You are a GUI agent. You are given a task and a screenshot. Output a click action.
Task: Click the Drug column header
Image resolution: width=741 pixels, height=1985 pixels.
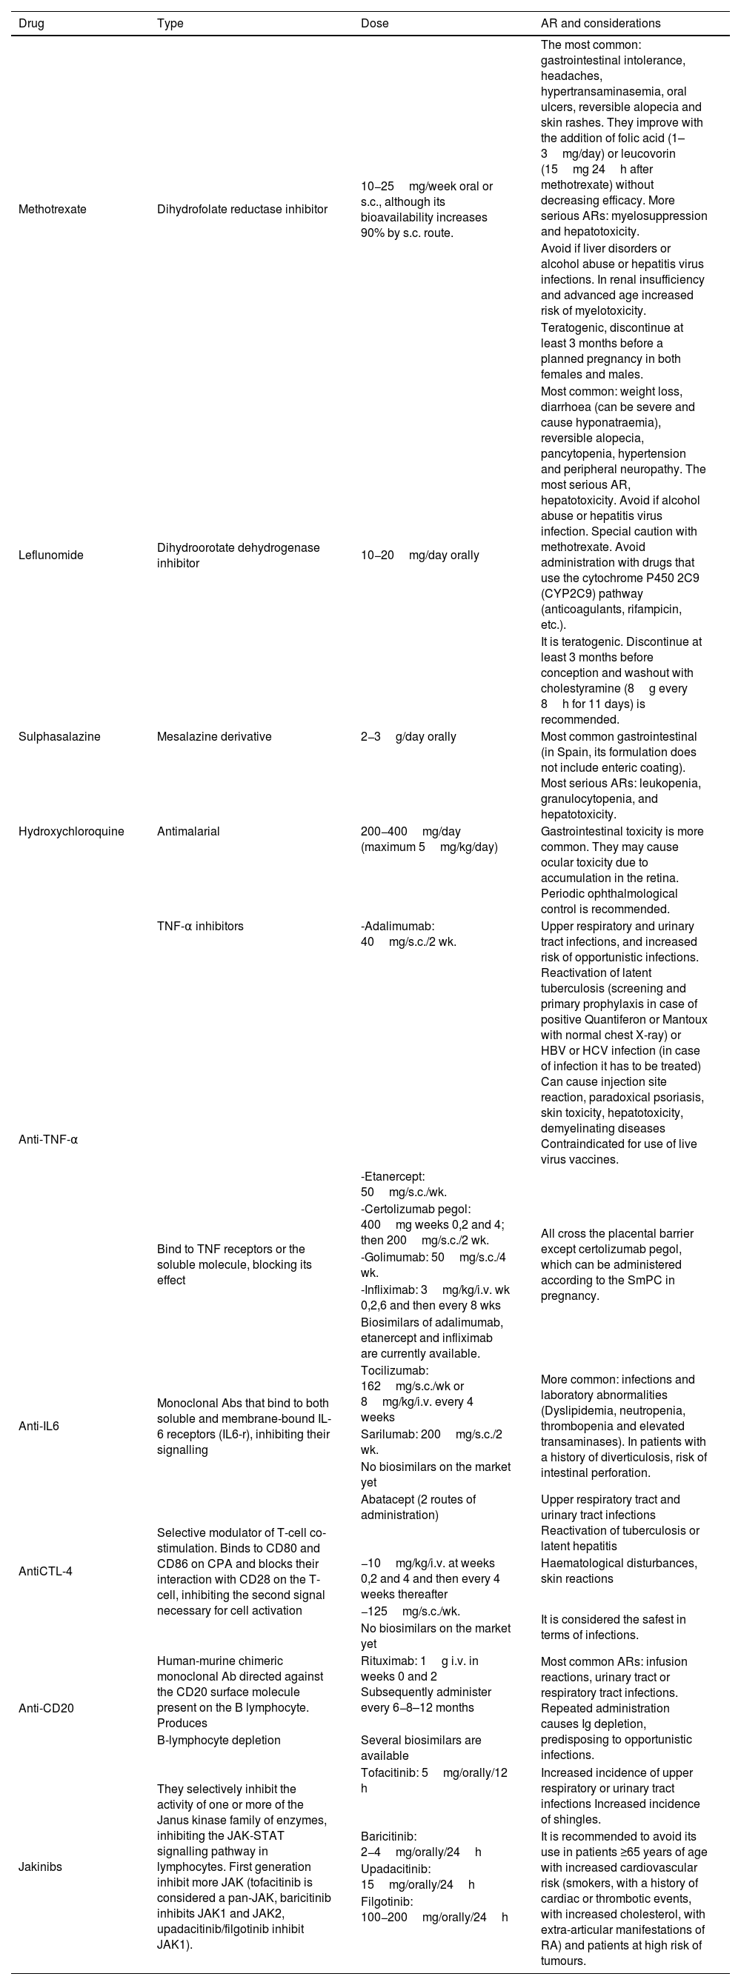pyautogui.click(x=32, y=23)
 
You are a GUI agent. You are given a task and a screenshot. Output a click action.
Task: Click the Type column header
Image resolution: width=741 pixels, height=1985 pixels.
pyautogui.click(x=170, y=23)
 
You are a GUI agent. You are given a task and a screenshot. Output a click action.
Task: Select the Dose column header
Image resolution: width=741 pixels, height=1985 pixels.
pyautogui.click(x=375, y=23)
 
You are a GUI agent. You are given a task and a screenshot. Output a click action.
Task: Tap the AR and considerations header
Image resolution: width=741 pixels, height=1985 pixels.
pyautogui.click(x=601, y=23)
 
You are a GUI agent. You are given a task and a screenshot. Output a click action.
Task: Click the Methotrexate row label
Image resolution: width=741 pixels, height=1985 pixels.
pyautogui.click(x=53, y=209)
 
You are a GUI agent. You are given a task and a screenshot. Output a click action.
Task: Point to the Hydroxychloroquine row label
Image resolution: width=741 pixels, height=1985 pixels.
pyautogui.click(x=71, y=832)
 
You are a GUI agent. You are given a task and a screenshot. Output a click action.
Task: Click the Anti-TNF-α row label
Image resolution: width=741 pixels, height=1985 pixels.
pyautogui.click(x=48, y=1140)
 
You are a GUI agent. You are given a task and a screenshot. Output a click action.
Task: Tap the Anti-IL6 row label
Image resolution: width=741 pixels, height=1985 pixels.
pyautogui.click(x=39, y=1426)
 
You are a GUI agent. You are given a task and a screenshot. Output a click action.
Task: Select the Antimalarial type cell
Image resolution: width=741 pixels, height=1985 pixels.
pyautogui.click(x=188, y=832)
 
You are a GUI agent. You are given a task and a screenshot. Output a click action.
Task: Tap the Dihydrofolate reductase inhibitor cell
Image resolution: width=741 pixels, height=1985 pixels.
pyautogui.click(x=242, y=209)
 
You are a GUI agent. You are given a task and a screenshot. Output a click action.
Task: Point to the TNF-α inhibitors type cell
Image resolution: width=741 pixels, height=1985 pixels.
pyautogui.click(x=200, y=927)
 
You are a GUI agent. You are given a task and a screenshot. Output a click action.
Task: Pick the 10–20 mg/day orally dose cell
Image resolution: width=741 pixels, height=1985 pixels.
pyautogui.click(x=419, y=555)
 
